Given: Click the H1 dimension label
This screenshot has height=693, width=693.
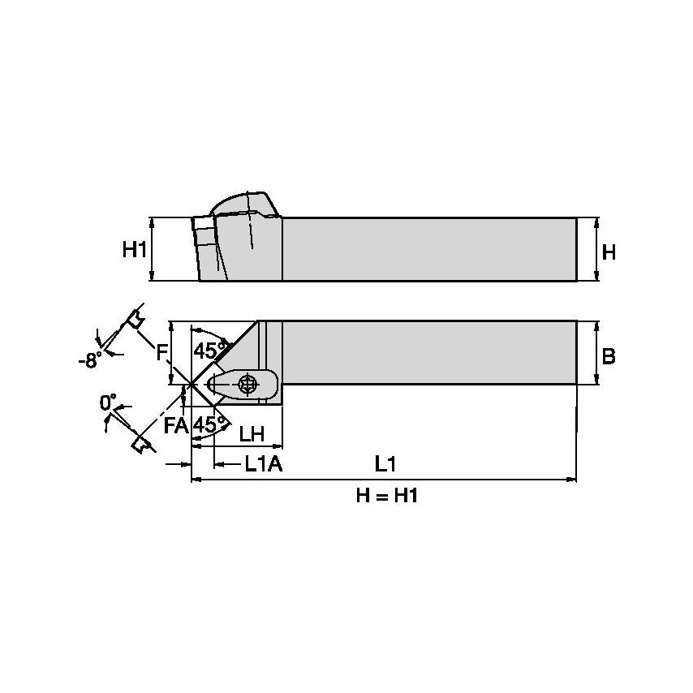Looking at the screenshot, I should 135,249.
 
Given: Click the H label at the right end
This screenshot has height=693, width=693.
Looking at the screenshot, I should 609,252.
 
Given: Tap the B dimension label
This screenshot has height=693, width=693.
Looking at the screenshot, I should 609,355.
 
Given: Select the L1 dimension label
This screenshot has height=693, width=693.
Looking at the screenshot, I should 385,464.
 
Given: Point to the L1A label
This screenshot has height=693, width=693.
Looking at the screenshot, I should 262,465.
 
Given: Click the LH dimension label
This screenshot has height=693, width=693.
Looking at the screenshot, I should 252,434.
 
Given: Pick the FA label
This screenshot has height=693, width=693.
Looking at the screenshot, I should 177,424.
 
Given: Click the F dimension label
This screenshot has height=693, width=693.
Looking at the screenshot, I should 161,352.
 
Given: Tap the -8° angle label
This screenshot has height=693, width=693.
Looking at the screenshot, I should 91,359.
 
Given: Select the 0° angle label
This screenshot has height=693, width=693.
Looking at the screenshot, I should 108,402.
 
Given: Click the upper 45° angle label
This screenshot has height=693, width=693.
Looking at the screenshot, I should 209,351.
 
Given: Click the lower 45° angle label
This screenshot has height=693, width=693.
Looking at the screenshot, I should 209,424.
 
